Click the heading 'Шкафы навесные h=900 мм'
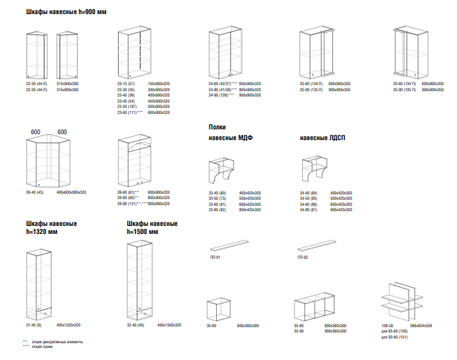pyautogui.click(x=66, y=13)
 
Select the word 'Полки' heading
pyautogui.click(x=217, y=127)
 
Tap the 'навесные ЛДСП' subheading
pyautogui.click(x=322, y=138)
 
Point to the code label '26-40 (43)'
pyautogui.click(x=36, y=192)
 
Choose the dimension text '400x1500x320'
pyautogui.click(x=169, y=325)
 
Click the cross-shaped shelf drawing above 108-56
pyautogui.click(x=403, y=298)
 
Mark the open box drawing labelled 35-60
pyautogui.click(x=221, y=310)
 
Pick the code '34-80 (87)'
pyautogui.click(x=308, y=210)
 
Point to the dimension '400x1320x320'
pyautogui.click(x=68, y=325)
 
